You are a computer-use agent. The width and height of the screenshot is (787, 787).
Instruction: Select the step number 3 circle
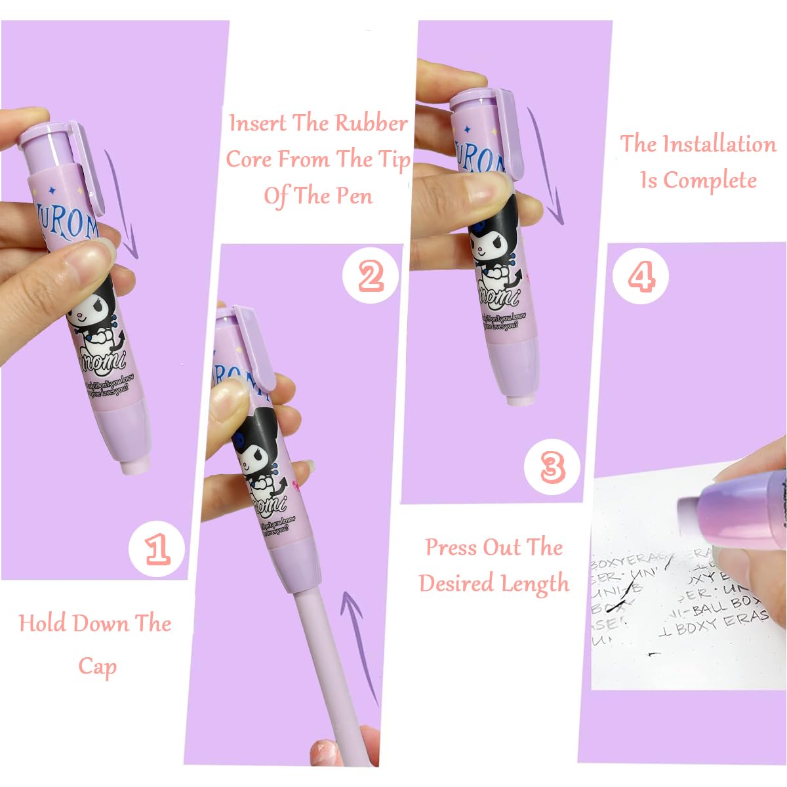point(553,467)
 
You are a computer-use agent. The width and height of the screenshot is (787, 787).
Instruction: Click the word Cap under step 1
point(97,666)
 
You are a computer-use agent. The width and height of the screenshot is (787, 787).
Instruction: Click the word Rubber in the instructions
point(371,123)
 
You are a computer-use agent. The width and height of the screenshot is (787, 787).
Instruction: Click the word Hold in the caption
point(43,623)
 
